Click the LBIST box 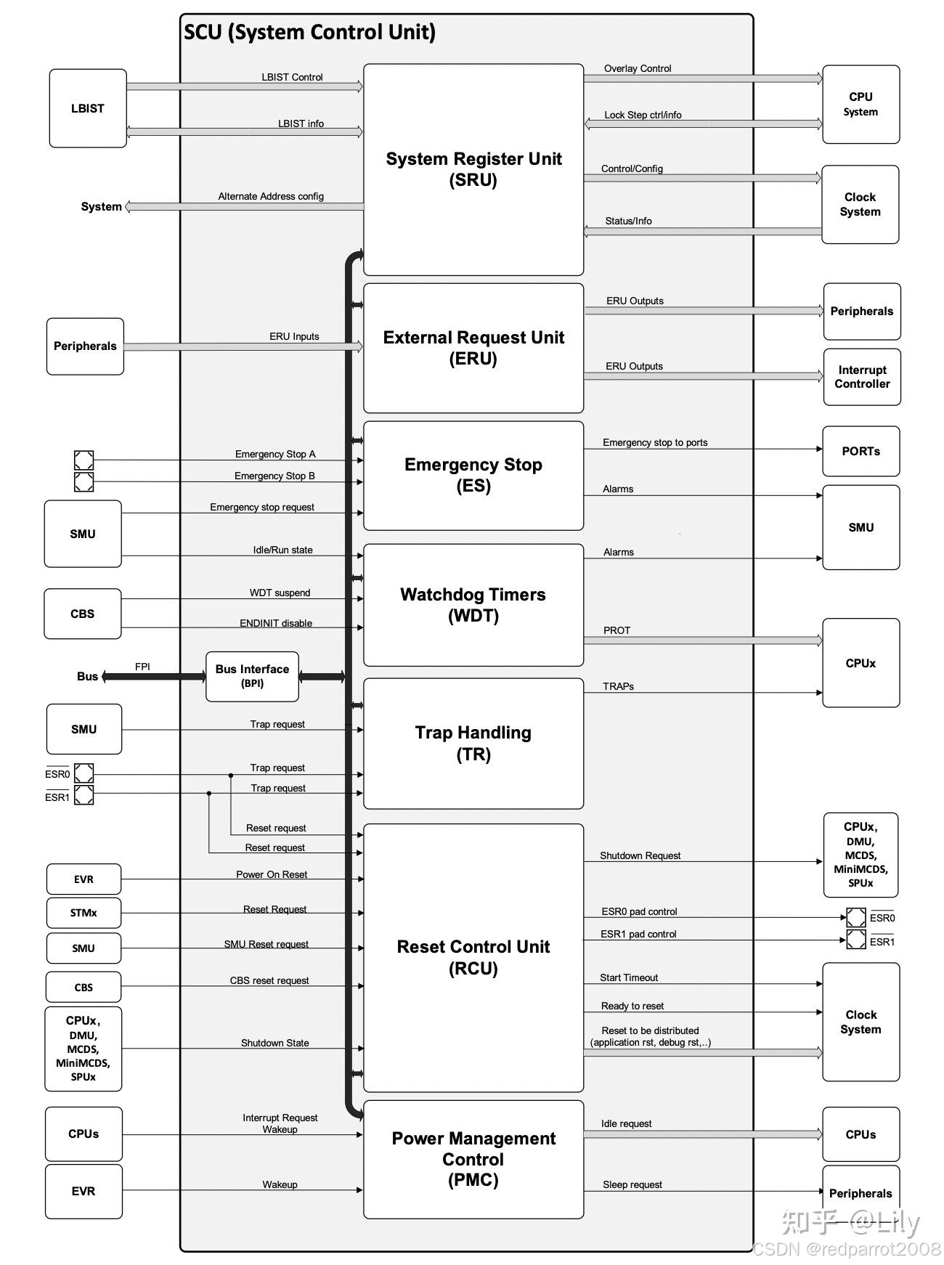tap(88, 108)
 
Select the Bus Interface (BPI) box tap(252, 676)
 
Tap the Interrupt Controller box tap(862, 377)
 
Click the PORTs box tap(860, 451)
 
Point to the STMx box tap(84, 913)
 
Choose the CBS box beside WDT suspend tap(83, 614)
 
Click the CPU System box tap(860, 104)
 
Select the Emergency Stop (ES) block tap(473, 475)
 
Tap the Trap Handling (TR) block tap(473, 743)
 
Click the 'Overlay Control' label tap(638, 68)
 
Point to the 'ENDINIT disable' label tap(276, 623)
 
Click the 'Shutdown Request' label tap(640, 855)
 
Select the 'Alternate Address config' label tap(271, 196)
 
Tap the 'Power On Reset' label tap(272, 874)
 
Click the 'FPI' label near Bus tap(142, 667)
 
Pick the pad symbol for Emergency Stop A tap(84, 460)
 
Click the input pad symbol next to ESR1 tap(84, 795)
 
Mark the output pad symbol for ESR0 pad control tap(856, 917)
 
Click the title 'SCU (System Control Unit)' tap(309, 32)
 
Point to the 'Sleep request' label tap(632, 1184)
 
